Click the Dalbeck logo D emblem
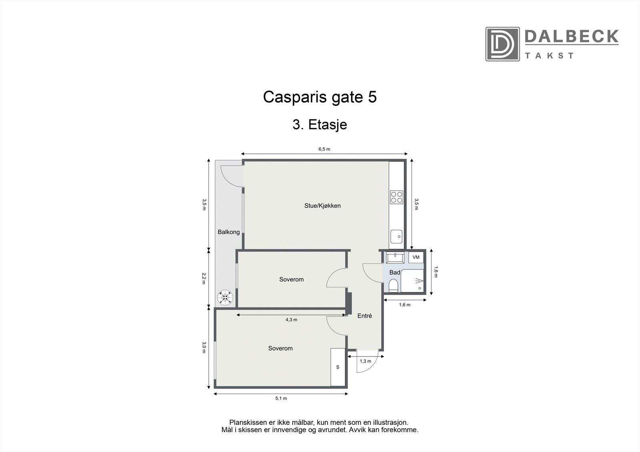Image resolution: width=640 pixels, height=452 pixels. (502, 44)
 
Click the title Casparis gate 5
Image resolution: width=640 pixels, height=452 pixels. (320, 97)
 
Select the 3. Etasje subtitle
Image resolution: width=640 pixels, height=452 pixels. (320, 125)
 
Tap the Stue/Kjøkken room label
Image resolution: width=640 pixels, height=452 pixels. (322, 206)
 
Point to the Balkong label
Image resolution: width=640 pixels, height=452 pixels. (228, 232)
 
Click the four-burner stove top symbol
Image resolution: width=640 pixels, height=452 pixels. (396, 197)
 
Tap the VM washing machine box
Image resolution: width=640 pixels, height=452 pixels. (416, 257)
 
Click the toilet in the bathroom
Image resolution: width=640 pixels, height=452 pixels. (393, 285)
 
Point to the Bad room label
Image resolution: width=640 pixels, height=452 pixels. (394, 273)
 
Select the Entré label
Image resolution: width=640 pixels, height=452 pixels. (364, 316)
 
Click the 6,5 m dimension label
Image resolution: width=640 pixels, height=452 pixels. (324, 149)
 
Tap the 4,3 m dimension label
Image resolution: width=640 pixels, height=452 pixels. (291, 320)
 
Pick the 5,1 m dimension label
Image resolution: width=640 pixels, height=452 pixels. (281, 398)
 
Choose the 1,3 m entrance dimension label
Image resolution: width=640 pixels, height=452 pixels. (365, 361)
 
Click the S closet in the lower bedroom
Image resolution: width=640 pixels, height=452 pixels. (338, 367)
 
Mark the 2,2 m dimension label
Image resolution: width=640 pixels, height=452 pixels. (204, 278)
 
